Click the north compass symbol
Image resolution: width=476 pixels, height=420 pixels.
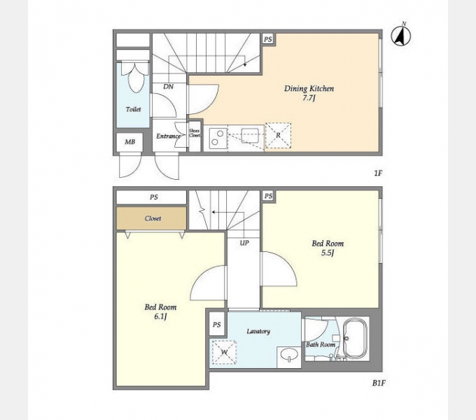[400, 36]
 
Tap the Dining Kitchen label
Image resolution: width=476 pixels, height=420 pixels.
[309, 89]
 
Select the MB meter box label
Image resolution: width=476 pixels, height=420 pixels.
[130, 141]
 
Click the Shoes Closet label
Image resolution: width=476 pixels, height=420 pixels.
[195, 133]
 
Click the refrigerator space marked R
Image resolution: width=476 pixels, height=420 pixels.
[278, 135]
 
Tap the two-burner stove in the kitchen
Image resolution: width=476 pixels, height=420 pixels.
[218, 139]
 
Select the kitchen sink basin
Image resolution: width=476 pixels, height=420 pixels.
[250, 135]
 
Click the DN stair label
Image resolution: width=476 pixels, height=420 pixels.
[168, 87]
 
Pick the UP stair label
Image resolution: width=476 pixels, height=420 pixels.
[244, 243]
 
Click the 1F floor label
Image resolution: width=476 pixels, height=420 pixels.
[377, 174]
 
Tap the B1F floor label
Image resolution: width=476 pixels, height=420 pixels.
[379, 383]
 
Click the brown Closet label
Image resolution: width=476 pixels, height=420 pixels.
[153, 218]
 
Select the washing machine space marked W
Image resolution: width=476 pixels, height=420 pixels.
[224, 352]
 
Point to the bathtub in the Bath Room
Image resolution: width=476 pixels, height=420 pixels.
[355, 338]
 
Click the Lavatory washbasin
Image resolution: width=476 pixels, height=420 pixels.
[288, 355]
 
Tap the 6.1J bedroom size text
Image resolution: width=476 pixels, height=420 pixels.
[160, 317]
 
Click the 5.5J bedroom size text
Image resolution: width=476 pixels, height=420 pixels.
[328, 253]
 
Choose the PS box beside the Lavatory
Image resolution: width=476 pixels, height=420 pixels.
[216, 325]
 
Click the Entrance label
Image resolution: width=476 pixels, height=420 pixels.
[168, 136]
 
